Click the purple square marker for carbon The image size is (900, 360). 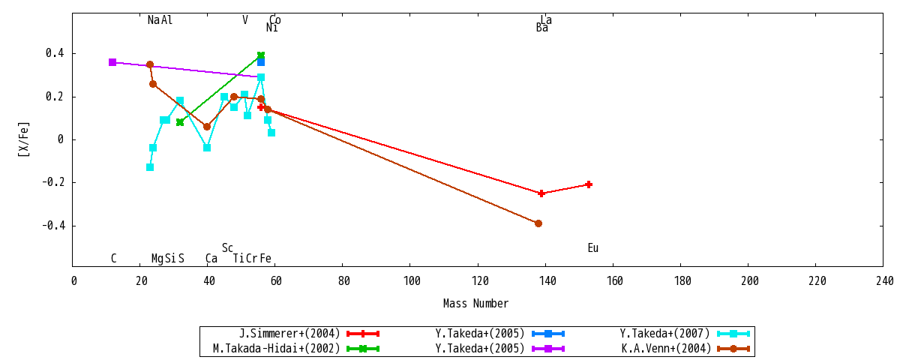click(x=112, y=62)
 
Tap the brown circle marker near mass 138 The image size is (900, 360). click(x=538, y=223)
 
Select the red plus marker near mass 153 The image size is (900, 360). click(x=589, y=184)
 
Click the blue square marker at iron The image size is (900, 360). click(x=261, y=61)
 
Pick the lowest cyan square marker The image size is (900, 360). click(x=150, y=167)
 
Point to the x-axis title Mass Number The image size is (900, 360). click(x=475, y=303)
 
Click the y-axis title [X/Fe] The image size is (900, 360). click(x=24, y=139)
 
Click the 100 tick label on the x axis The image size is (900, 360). click(x=412, y=280)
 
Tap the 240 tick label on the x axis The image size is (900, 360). click(x=885, y=280)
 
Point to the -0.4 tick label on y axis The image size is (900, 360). click(x=53, y=226)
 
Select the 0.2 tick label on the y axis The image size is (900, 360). click(x=55, y=97)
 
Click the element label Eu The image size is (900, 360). click(x=593, y=248)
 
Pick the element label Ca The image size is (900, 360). click(x=211, y=258)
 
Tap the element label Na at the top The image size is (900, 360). click(x=154, y=19)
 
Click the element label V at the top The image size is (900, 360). click(x=245, y=19)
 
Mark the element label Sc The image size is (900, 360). click(x=227, y=248)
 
